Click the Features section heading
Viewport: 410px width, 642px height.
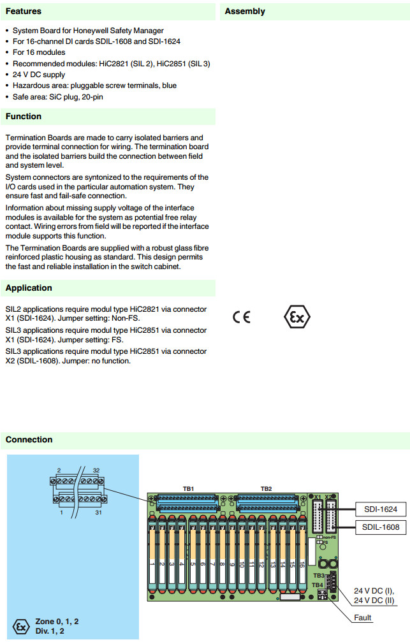pyautogui.click(x=24, y=11)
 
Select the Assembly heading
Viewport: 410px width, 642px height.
pyautogui.click(x=245, y=11)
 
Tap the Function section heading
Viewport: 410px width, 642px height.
pyautogui.click(x=24, y=117)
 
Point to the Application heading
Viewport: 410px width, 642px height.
pyautogui.click(x=29, y=288)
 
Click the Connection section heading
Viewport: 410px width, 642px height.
pyautogui.click(x=29, y=439)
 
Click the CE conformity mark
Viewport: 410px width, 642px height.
pyautogui.click(x=242, y=317)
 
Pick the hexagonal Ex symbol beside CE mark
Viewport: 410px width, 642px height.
pyautogui.click(x=297, y=317)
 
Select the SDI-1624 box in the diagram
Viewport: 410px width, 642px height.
pyautogui.click(x=380, y=509)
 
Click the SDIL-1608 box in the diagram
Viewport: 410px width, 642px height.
pyautogui.click(x=380, y=527)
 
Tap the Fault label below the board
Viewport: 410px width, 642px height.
pyautogui.click(x=363, y=617)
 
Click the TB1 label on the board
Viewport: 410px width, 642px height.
pyautogui.click(x=188, y=489)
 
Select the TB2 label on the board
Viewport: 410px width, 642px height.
pyautogui.click(x=266, y=489)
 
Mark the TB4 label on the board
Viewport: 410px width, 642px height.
pyautogui.click(x=317, y=585)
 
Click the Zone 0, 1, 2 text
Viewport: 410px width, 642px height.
pyautogui.click(x=57, y=621)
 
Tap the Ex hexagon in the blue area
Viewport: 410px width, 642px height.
pyautogui.click(x=22, y=626)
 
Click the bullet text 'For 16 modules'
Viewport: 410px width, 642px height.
pyautogui.click(x=39, y=53)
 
